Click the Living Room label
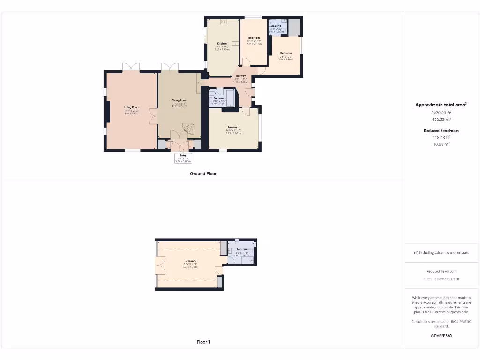tap(132, 107)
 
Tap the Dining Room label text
tap(179, 100)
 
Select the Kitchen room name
tap(222, 44)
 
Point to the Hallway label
tap(241, 76)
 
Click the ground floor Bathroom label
tap(219, 98)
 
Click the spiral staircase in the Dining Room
tap(187, 129)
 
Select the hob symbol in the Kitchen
tap(224, 21)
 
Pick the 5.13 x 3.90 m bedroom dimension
tap(233, 133)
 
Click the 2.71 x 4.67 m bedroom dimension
tap(254, 44)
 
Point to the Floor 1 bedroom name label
tap(190, 261)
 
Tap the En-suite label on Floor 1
tap(242, 249)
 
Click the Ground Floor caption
tap(203, 173)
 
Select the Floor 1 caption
tap(203, 342)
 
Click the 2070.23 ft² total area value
tap(441, 112)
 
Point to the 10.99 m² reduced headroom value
tap(441, 144)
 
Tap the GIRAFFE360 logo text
tap(441, 336)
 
